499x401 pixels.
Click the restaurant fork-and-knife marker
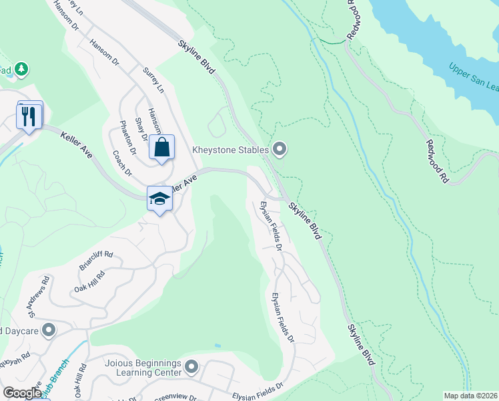click(x=29, y=116)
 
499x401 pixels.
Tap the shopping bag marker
click(x=162, y=147)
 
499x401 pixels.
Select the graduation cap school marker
click(x=159, y=198)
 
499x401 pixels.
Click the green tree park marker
click(x=21, y=69)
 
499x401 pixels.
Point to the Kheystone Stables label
click(x=230, y=149)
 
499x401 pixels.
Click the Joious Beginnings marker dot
click(x=192, y=366)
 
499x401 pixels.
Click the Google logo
click(x=22, y=393)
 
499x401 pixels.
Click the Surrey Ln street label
click(x=153, y=80)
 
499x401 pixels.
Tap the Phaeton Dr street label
click(x=127, y=138)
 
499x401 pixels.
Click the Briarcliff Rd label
click(x=96, y=260)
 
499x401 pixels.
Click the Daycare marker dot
click(x=48, y=330)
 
